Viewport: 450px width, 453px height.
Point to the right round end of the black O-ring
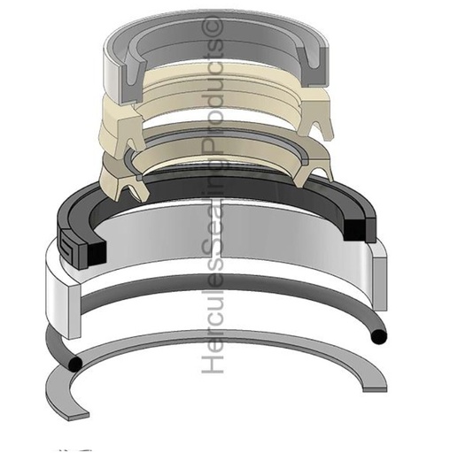point(379,336)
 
